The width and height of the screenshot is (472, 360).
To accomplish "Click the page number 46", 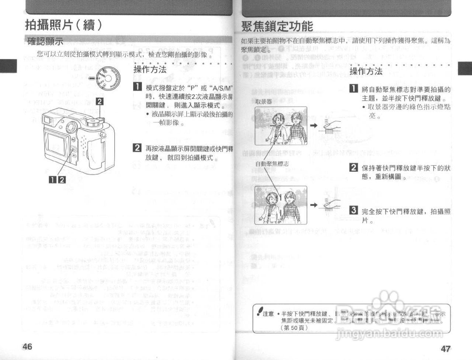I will coord(27,346).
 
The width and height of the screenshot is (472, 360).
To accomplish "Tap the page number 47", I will coord(446,348).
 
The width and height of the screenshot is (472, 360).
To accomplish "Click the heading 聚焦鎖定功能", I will coord(277,26).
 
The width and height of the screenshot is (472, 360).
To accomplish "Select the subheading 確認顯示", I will coord(45,41).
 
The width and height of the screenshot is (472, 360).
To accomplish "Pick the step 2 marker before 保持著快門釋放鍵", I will coord(353,167).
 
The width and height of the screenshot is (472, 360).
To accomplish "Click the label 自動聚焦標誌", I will coord(272,164).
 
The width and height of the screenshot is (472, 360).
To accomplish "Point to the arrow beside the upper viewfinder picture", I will coord(313,125).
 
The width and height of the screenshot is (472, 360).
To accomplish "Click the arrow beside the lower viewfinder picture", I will coord(313,205).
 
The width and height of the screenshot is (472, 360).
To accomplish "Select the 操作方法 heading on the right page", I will coord(366,71).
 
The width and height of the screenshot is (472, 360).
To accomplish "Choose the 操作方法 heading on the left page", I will coord(150,69).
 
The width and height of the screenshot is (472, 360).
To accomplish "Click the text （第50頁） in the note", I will coord(294,328).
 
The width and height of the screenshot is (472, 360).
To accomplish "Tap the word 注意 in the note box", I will coord(268,314).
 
